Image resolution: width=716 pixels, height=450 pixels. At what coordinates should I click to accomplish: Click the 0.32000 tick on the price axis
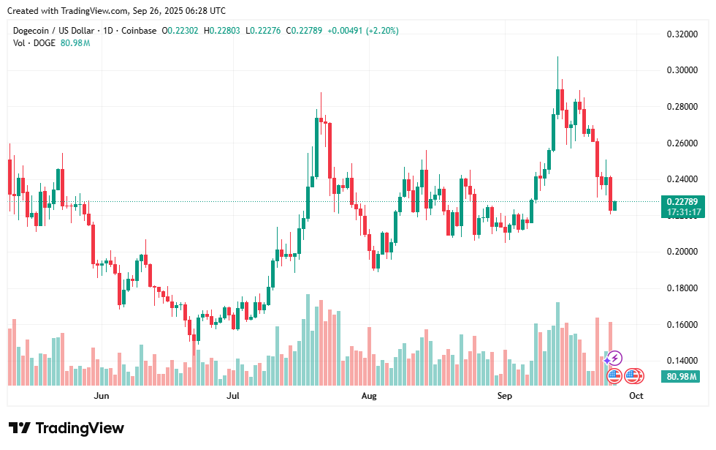(x=681, y=34)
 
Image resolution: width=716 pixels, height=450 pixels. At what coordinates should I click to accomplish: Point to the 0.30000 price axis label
(x=681, y=70)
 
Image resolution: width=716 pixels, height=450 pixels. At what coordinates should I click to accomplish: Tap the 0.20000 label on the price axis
(x=681, y=252)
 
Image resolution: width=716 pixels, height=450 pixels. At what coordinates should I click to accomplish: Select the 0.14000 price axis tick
(x=681, y=361)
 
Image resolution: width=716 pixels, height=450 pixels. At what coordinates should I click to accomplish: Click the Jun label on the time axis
(x=102, y=396)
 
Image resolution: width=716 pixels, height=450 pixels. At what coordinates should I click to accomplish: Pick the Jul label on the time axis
(x=233, y=396)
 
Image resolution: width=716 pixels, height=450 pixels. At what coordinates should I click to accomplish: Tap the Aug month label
(x=369, y=396)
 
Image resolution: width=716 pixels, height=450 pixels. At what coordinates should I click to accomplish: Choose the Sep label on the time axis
(x=505, y=396)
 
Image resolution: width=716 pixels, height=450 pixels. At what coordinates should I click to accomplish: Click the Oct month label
(x=636, y=396)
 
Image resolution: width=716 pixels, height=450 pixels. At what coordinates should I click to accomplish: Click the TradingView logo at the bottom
(x=66, y=428)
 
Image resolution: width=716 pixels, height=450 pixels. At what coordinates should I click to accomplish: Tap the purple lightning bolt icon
(x=614, y=358)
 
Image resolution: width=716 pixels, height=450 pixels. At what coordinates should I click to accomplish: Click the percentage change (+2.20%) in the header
(x=383, y=31)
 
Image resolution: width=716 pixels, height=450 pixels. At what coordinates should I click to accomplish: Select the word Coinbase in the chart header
(x=139, y=31)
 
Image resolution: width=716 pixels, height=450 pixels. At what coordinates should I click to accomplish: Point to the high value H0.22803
(x=224, y=31)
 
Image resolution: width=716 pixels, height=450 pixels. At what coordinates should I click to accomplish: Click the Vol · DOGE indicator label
(x=34, y=43)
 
